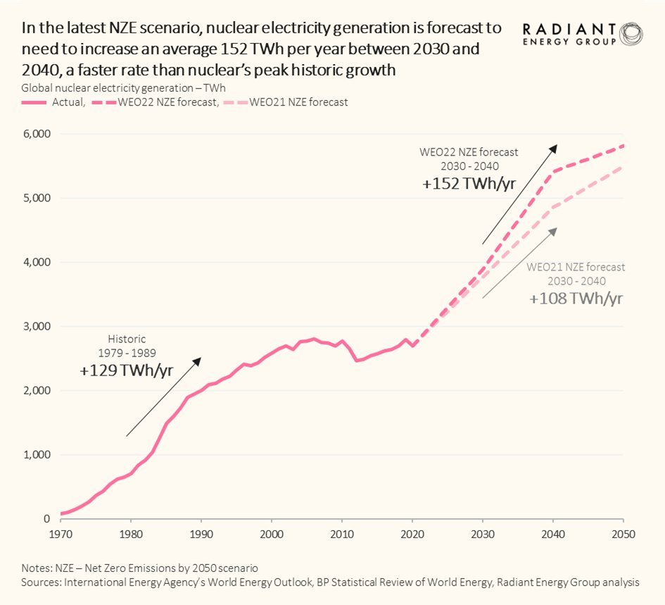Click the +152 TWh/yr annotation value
468,185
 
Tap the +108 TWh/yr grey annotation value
576,298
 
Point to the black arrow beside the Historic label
163,397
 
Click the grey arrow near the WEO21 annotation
519,263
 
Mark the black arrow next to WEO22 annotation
519,194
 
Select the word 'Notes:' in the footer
37,568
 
